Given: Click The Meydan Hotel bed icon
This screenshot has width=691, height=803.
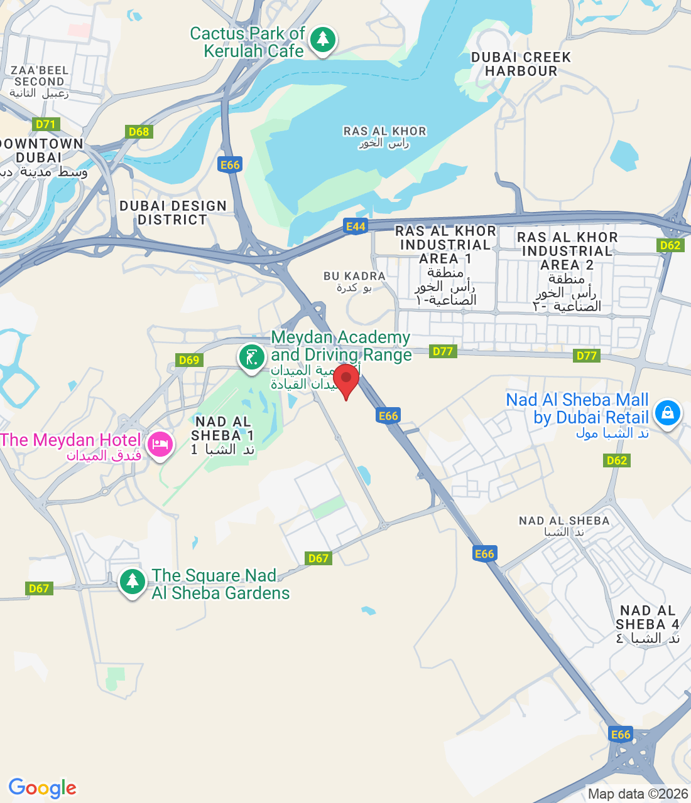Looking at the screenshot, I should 160,445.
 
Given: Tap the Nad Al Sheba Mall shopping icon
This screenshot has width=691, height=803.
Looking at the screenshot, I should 667,413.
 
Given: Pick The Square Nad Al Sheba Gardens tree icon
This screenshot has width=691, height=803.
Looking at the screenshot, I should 132,582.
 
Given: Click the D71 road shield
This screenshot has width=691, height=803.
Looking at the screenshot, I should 46,124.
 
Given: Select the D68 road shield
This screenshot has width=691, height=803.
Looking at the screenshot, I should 138,132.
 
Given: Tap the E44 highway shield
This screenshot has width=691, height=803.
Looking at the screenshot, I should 356,227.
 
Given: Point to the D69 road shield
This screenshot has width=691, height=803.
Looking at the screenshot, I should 188,360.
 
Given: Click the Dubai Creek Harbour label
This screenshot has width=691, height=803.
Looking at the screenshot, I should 521,64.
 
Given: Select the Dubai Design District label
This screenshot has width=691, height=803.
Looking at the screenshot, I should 173,213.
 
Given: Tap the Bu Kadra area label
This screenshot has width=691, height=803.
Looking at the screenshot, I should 354,281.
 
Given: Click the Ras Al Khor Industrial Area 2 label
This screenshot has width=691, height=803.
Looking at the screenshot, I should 567,271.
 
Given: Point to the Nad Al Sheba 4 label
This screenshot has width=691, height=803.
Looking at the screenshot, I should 648,624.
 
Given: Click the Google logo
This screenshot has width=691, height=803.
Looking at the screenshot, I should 43,788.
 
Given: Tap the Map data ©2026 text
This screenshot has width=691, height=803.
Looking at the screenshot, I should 638,794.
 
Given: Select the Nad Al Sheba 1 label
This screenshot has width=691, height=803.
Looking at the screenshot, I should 223,435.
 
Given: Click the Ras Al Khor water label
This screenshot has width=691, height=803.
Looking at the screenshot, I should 384,137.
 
